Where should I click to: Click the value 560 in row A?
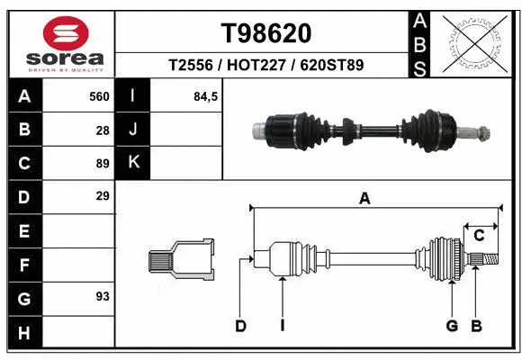[x=99, y=95]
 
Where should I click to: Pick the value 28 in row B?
[x=103, y=130]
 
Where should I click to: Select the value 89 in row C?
[x=103, y=164]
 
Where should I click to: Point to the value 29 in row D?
[x=103, y=195]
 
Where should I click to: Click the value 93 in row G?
[x=103, y=295]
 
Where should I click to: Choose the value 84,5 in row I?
[x=206, y=95]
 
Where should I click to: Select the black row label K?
[x=133, y=163]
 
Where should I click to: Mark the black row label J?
[x=133, y=130]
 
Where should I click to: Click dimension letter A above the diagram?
[x=364, y=200]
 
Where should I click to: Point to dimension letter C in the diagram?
[x=480, y=236]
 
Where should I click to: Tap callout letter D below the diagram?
[x=240, y=326]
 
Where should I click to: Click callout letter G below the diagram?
[x=452, y=326]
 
